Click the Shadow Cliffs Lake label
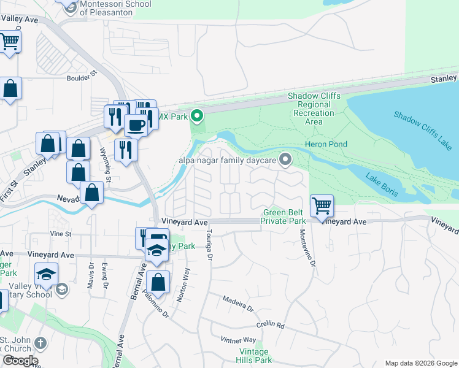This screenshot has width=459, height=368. click(x=422, y=131)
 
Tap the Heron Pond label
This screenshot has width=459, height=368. click(x=326, y=144)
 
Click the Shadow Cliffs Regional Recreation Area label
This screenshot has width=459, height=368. click(x=314, y=109)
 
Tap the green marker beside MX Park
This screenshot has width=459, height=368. click(x=197, y=115)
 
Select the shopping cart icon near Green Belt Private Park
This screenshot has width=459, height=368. click(x=322, y=206)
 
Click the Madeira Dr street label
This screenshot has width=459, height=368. click(x=238, y=305)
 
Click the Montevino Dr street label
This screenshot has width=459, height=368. click(x=308, y=247)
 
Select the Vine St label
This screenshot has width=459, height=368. click(x=61, y=234)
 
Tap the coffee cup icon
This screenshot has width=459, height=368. click(x=136, y=125)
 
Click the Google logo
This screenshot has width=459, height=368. click(x=20, y=361)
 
